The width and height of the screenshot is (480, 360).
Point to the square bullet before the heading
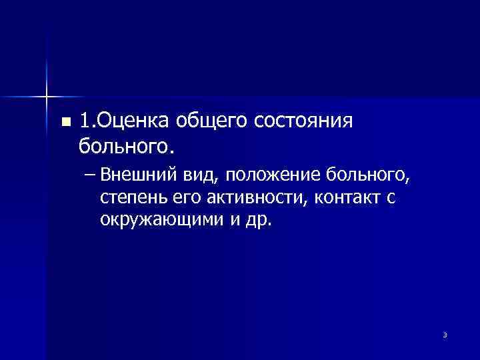65,122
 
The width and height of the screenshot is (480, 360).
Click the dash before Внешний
91,176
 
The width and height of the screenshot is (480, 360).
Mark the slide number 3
445,335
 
